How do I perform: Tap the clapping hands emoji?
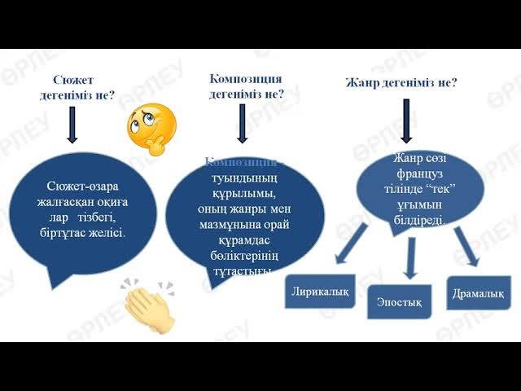(x=148, y=305)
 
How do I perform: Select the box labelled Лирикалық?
(x=321, y=292)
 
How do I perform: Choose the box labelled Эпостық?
(x=399, y=302)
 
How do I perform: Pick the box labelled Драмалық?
(x=479, y=292)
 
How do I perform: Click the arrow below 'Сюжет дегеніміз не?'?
(x=72, y=124)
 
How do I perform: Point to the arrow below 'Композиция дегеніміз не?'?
(x=242, y=122)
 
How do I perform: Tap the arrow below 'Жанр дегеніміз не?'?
(x=405, y=122)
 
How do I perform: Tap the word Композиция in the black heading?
(x=246, y=78)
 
